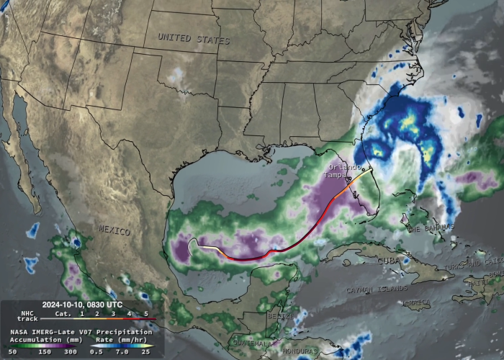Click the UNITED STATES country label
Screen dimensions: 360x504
194,37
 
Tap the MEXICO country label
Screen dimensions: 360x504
115,230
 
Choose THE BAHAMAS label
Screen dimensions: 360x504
433,228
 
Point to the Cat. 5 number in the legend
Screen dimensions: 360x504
145,313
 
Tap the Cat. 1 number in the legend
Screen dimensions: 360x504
81,313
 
